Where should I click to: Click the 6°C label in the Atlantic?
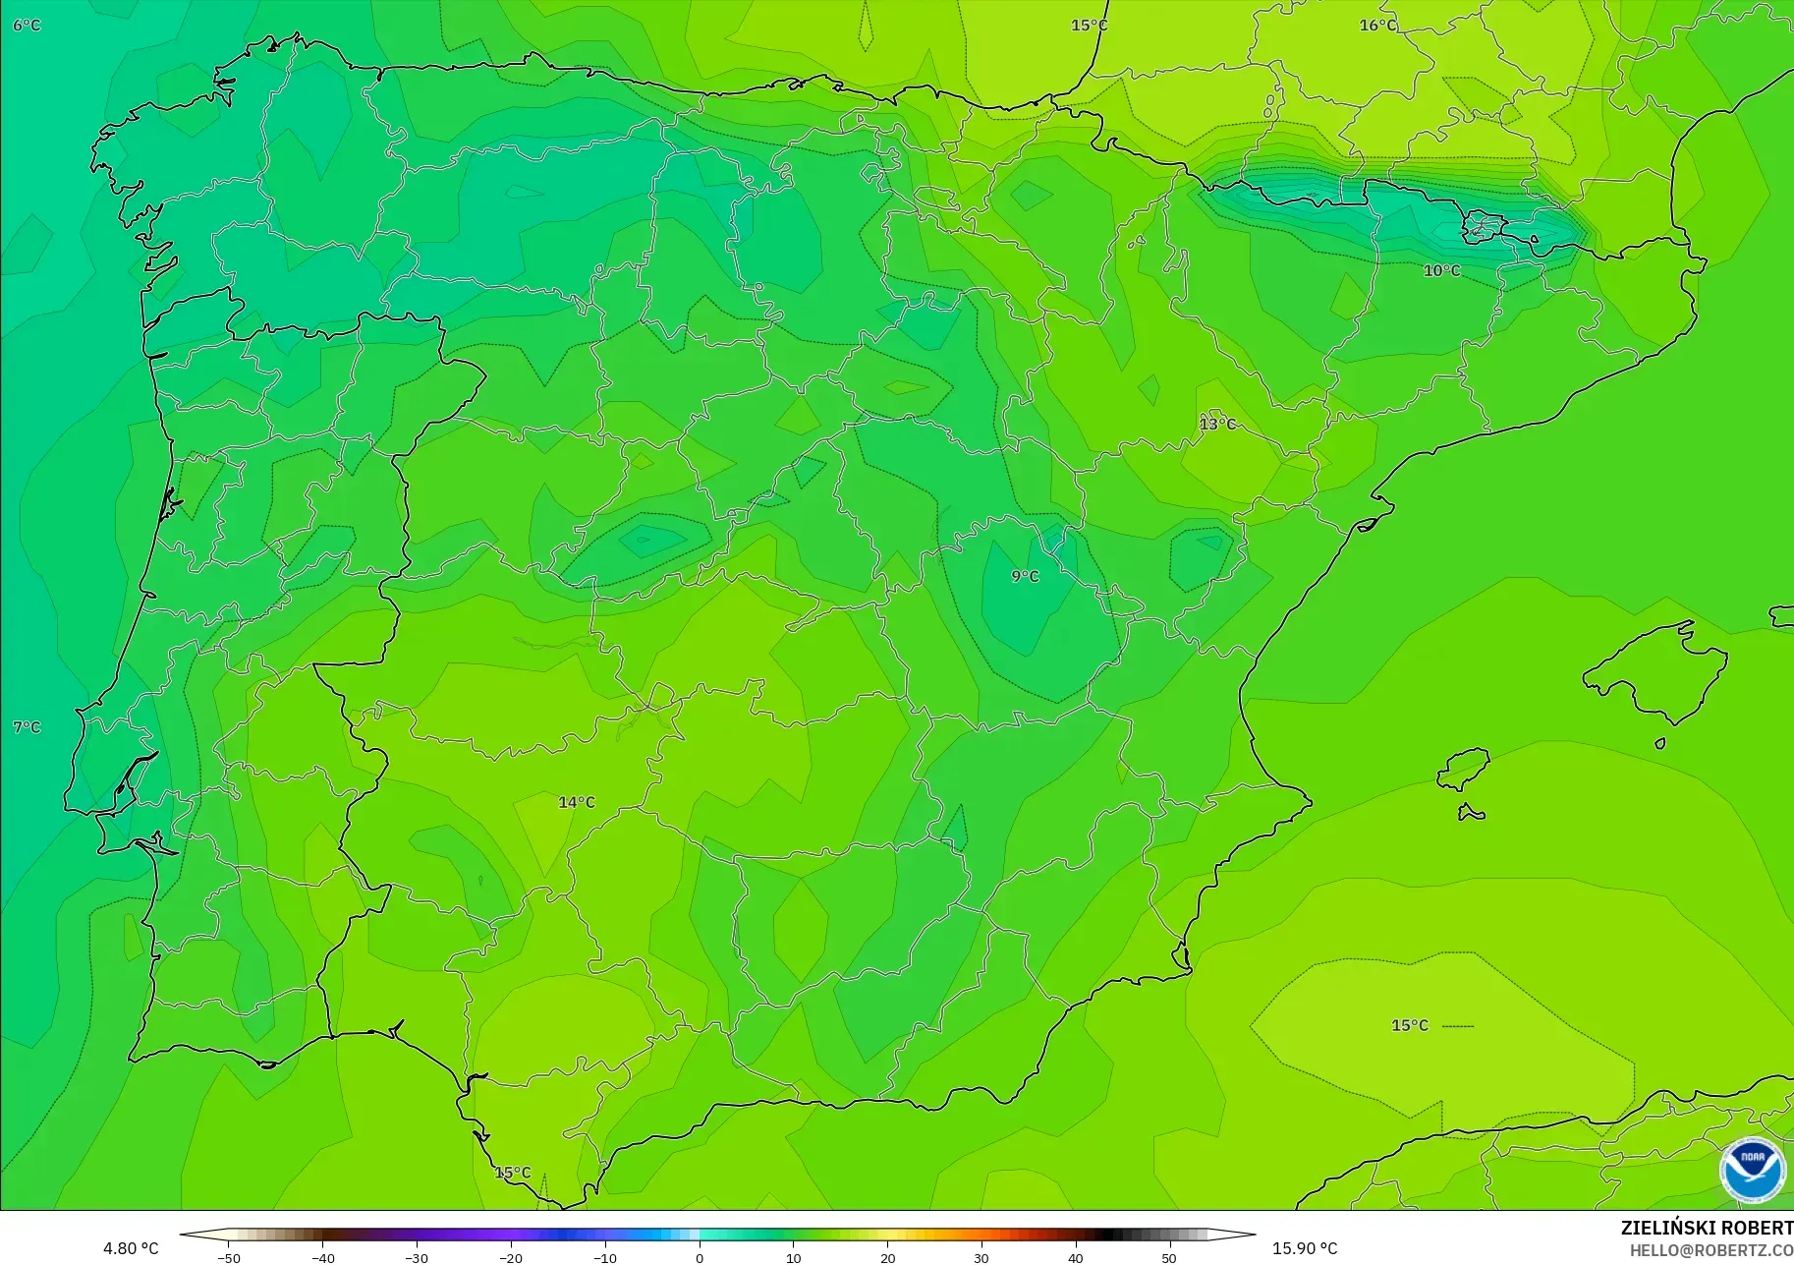(x=27, y=25)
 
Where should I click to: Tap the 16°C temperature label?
(x=1377, y=25)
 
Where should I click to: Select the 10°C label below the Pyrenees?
(x=1441, y=270)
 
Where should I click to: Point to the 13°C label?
(x=1217, y=424)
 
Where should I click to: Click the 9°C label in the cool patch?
(x=1025, y=576)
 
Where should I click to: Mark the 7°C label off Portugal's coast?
(x=27, y=727)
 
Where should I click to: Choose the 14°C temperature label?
(x=577, y=802)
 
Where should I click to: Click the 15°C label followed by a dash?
(x=1410, y=1025)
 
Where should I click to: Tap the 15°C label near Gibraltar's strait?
(x=512, y=1173)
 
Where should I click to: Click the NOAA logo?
(x=1752, y=1170)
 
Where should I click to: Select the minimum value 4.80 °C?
(x=131, y=1248)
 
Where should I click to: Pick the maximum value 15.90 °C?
(x=1305, y=1248)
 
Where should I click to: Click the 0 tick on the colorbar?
(x=700, y=1257)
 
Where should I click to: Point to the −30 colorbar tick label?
(x=417, y=1257)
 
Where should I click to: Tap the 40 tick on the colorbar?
(x=1076, y=1257)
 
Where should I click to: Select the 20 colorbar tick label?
(x=887, y=1257)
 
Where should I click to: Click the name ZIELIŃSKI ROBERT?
(x=1707, y=1229)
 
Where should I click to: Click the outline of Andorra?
(x=1477, y=229)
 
